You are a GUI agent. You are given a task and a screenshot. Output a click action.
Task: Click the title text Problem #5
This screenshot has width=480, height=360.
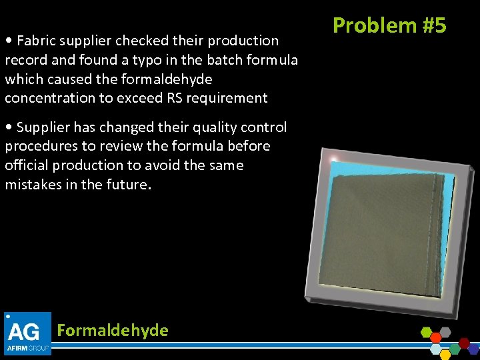tap(389, 25)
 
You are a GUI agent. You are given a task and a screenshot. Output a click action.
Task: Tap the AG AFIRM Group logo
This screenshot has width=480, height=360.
tap(27, 333)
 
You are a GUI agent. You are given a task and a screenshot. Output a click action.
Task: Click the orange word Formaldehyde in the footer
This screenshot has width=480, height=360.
tap(113, 330)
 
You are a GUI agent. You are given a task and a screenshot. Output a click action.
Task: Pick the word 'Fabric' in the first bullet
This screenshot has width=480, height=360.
tap(36, 41)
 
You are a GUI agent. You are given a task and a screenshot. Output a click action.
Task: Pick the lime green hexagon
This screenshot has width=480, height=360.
tap(426, 333)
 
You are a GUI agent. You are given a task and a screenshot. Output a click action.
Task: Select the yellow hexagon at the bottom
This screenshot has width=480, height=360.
tap(445, 354)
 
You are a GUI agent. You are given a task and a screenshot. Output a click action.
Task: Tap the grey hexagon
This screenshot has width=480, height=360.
tap(445, 332)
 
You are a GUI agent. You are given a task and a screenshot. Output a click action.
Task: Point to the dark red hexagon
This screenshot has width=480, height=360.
tap(464, 343)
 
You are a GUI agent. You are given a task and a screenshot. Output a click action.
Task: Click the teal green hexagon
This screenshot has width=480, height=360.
tap(455, 349)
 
